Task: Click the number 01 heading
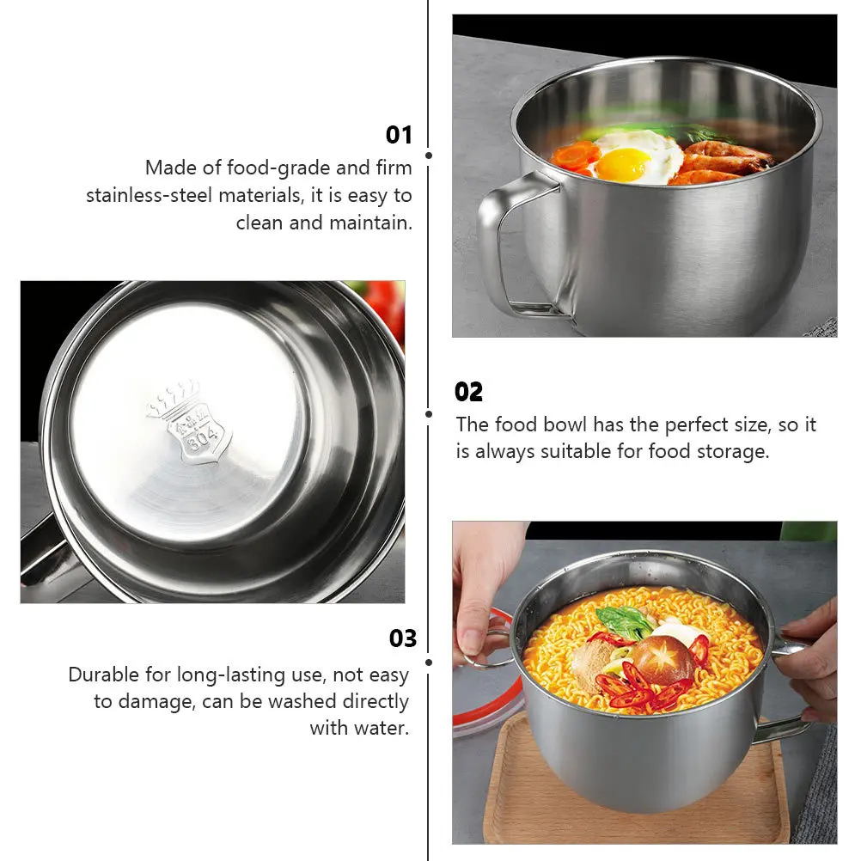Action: (x=399, y=135)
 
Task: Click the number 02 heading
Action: (x=468, y=393)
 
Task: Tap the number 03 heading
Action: (x=402, y=638)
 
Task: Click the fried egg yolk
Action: (x=622, y=163)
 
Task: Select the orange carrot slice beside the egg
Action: (x=575, y=156)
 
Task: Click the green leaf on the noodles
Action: (x=626, y=620)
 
